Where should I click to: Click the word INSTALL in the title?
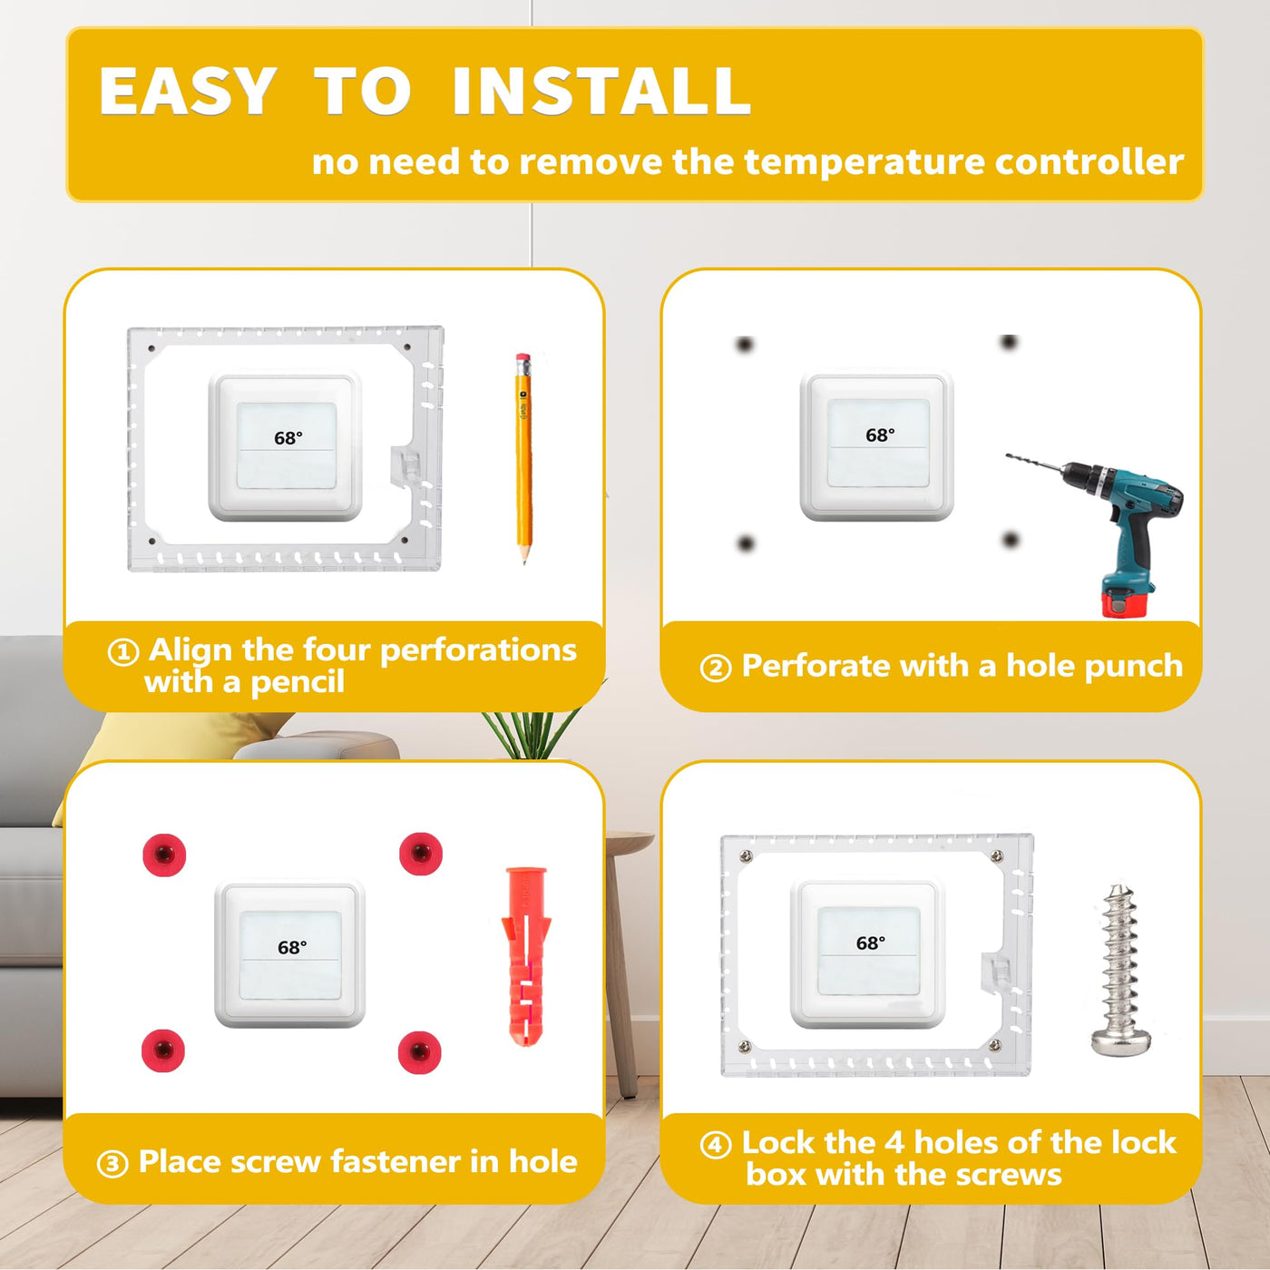point(601,91)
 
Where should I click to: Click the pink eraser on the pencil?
point(523,360)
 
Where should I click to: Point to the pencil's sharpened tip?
point(524,562)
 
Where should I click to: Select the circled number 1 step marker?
point(123,653)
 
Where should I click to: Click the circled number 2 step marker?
point(716,669)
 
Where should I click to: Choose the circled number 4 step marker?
point(716,1145)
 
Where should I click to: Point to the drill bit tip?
point(1008,455)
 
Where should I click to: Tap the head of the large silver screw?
point(1120,1040)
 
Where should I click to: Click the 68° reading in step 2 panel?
point(880,435)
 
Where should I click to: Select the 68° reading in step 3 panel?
point(292,947)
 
